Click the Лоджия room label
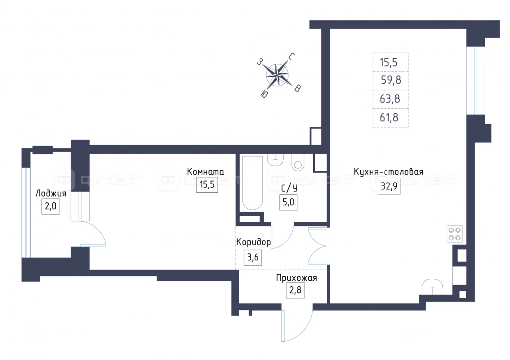click(x=51, y=194)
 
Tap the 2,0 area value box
click(x=50, y=206)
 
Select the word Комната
click(x=205, y=172)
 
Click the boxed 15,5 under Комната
click(x=207, y=184)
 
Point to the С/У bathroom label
click(x=289, y=189)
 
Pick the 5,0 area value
click(x=288, y=202)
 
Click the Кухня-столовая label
click(x=388, y=172)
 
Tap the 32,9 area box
click(x=389, y=186)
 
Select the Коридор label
click(x=253, y=242)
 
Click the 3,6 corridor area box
click(x=253, y=257)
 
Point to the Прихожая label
click(x=296, y=278)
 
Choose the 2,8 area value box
click(x=295, y=290)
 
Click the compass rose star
click(x=277, y=75)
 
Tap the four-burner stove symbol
click(x=455, y=234)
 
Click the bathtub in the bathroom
click(x=252, y=183)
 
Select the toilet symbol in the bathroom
click(x=298, y=162)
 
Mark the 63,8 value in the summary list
click(x=390, y=99)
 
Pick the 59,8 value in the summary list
click(x=391, y=80)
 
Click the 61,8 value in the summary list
click(x=389, y=117)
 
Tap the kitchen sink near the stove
click(x=432, y=287)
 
